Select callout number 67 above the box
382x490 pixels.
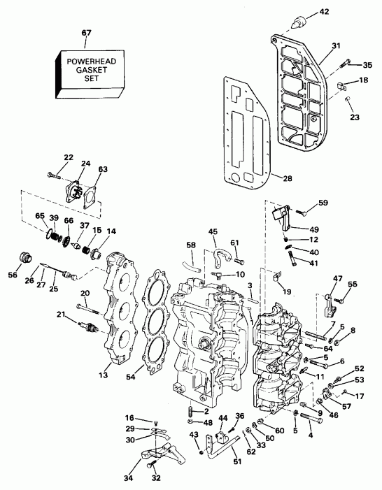click(85, 33)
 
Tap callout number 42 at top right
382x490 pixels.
click(323, 10)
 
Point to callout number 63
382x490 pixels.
click(103, 169)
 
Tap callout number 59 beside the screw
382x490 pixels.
click(323, 203)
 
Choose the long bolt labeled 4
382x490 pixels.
click(311, 421)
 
